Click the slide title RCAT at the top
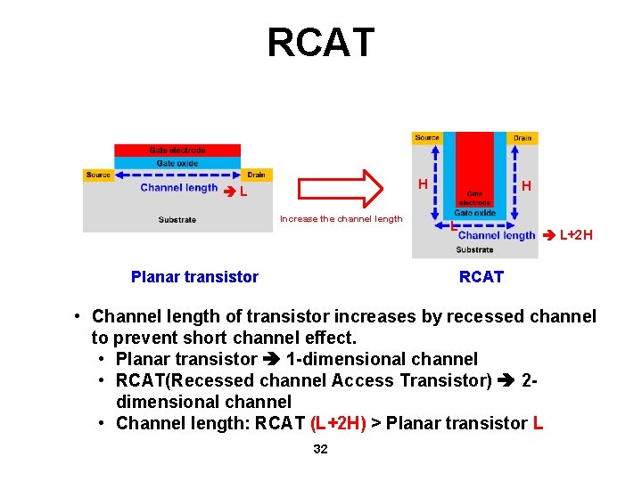click(321, 43)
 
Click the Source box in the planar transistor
click(98, 175)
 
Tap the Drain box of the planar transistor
click(257, 175)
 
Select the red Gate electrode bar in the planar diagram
click(177, 150)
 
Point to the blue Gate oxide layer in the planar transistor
click(177, 163)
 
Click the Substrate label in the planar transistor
click(177, 219)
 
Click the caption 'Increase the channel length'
click(342, 219)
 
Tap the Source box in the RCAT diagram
click(427, 138)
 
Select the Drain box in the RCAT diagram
click(523, 138)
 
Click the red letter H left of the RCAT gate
click(423, 184)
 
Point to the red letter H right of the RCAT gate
click(527, 186)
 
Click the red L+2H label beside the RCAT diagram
click(575, 235)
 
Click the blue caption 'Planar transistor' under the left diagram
click(194, 277)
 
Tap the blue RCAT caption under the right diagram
click(481, 277)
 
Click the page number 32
click(320, 449)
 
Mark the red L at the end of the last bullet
click(538, 423)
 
